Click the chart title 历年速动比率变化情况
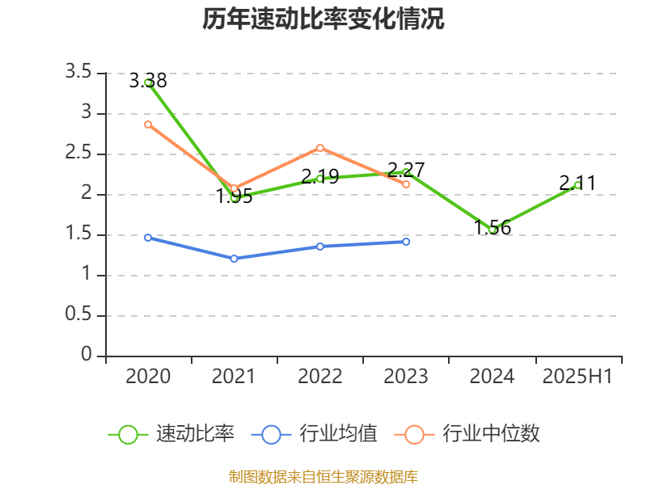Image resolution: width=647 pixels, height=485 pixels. tap(323, 19)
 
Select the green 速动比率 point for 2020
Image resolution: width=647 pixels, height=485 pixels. tap(148, 82)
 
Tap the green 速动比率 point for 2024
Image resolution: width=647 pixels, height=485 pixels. tap(492, 230)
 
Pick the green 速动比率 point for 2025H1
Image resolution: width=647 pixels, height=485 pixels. tap(577, 185)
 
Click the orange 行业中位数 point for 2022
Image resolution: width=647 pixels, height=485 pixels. tap(320, 148)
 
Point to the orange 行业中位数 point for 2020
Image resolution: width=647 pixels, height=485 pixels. tap(148, 124)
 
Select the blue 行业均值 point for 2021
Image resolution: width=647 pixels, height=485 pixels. tap(234, 259)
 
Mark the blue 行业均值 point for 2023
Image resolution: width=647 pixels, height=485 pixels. tap(406, 242)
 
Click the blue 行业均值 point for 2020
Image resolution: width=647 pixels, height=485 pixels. tap(148, 238)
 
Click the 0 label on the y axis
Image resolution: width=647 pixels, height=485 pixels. tap(87, 356)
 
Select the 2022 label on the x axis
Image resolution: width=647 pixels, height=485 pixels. tap(320, 377)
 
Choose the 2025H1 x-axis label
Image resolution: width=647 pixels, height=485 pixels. tap(577, 377)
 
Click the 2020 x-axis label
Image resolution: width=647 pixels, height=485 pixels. tap(148, 377)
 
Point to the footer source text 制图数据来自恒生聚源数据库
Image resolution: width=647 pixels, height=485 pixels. tap(323, 476)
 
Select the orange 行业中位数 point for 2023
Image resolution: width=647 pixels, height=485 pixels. tap(406, 184)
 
